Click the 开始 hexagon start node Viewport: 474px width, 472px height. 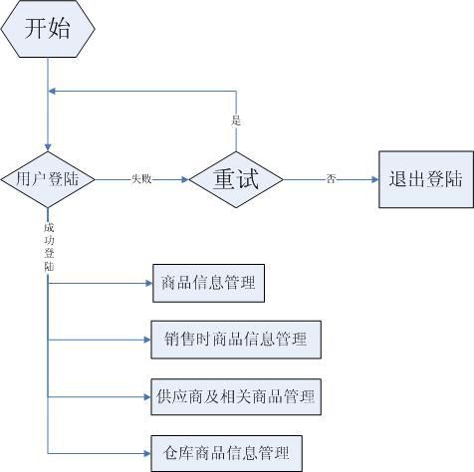click(x=48, y=29)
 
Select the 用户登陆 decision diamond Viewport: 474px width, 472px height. click(x=48, y=179)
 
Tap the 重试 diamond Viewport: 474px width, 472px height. click(x=236, y=179)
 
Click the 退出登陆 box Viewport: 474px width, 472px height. click(x=426, y=179)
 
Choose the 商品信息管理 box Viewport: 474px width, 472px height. click(x=208, y=283)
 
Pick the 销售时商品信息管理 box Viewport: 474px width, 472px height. click(x=236, y=340)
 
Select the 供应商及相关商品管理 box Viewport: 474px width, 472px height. click(x=236, y=396)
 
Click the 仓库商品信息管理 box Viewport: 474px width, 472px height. click(x=227, y=453)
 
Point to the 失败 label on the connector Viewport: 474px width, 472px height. click(x=141, y=179)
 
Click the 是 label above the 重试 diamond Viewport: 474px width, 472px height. click(x=236, y=120)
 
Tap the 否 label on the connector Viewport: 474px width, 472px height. click(x=331, y=179)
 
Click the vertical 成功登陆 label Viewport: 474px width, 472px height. click(x=49, y=247)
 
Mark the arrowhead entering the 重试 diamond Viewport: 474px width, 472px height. click(x=185, y=179)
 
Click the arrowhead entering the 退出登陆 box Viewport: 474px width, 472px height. click(x=375, y=179)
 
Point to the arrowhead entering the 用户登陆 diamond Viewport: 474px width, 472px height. click(x=48, y=147)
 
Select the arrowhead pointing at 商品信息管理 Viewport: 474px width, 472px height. click(x=148, y=283)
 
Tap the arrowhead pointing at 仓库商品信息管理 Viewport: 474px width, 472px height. click(x=147, y=453)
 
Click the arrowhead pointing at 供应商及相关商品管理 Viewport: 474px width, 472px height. click(x=147, y=396)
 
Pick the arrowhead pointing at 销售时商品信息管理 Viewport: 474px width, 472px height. click(x=147, y=340)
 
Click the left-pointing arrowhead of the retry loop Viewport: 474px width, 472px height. click(x=52, y=91)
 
